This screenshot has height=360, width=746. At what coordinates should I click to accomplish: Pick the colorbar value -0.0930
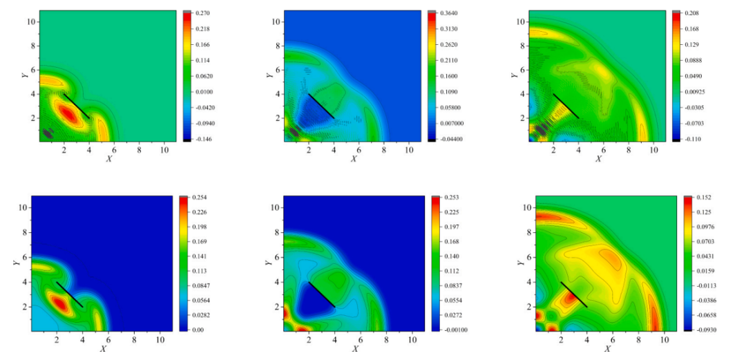[701, 330]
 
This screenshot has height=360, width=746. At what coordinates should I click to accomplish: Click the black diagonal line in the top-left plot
[76, 105]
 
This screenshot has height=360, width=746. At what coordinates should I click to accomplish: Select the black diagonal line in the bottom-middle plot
[321, 294]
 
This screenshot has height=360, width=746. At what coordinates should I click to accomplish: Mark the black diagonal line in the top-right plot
[566, 106]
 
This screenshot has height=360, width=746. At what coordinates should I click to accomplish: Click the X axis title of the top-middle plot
[354, 159]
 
